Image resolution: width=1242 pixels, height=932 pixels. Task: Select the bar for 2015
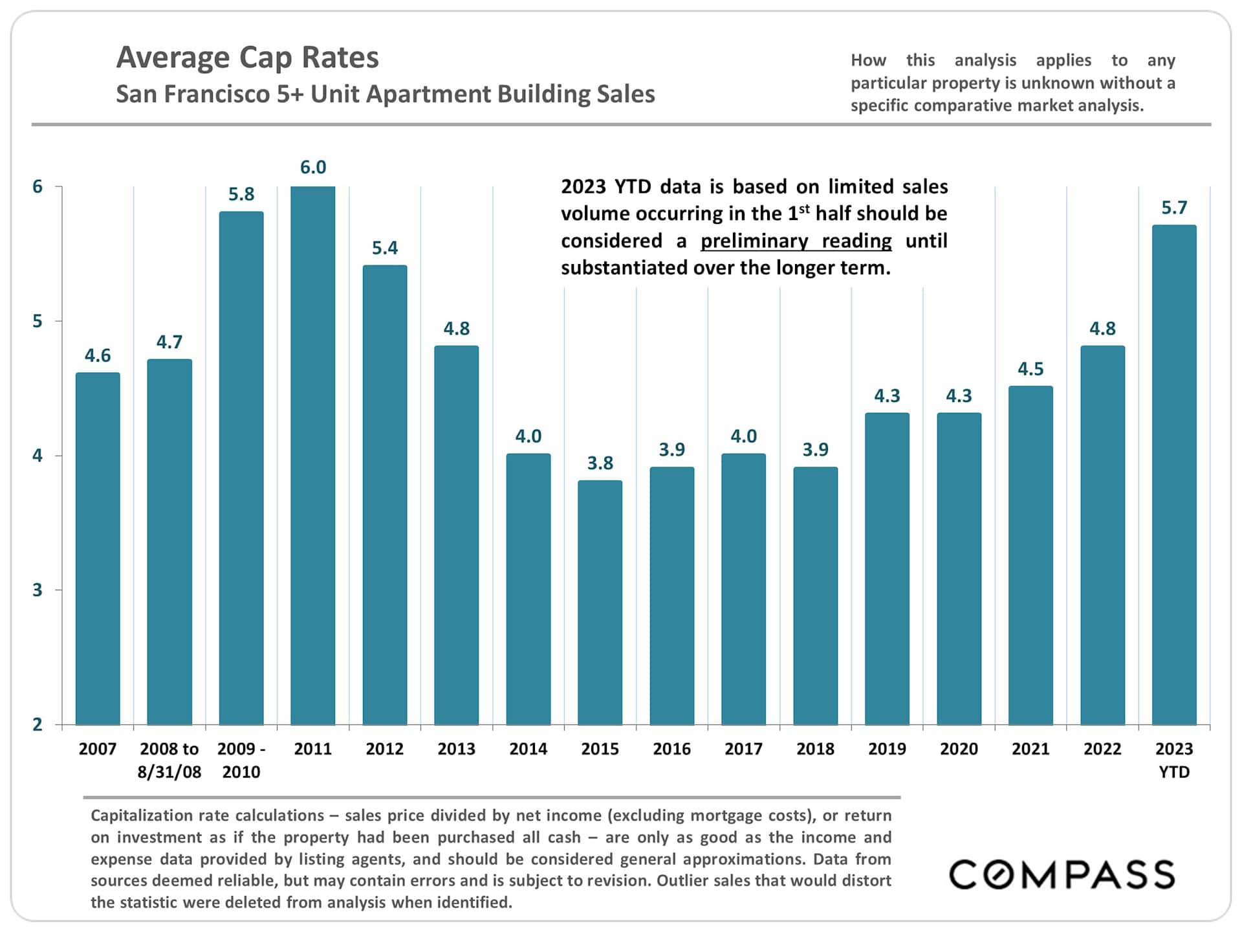(x=600, y=603)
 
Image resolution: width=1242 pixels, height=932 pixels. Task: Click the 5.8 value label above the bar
(x=241, y=194)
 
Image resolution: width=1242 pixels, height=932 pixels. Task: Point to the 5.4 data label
(x=385, y=248)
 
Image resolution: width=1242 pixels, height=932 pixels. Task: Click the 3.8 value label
(x=600, y=463)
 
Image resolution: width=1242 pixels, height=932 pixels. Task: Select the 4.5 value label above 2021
(x=1030, y=369)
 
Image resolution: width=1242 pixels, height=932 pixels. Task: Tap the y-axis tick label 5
(x=38, y=321)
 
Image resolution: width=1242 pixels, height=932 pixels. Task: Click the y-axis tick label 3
(x=38, y=590)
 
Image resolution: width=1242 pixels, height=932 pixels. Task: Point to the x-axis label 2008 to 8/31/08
(x=169, y=760)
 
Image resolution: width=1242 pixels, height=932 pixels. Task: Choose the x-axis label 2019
(x=887, y=749)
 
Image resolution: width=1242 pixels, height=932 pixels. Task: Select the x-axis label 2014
(x=528, y=749)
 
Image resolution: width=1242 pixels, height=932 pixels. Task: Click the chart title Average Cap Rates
(x=247, y=57)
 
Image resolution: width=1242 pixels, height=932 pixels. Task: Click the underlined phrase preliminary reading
(x=796, y=241)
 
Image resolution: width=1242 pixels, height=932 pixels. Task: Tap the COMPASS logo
(x=1062, y=875)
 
